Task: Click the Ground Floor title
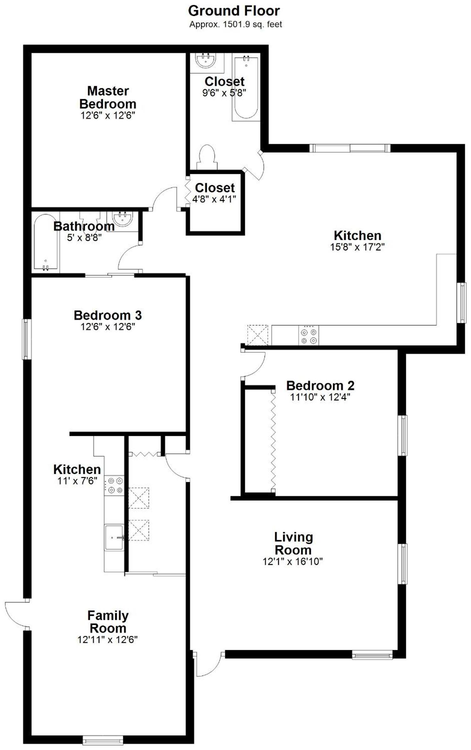[234, 11]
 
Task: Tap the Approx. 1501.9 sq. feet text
[235, 24]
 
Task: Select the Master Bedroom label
[108, 97]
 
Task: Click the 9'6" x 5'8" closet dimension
[224, 93]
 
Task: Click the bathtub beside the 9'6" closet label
[246, 88]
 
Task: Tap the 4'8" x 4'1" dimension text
[215, 199]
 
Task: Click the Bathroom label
[84, 226]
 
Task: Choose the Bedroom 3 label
[108, 315]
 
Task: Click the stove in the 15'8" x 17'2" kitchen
[309, 336]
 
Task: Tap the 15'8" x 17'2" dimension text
[357, 247]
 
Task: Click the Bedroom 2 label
[320, 386]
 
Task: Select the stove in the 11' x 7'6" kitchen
[114, 485]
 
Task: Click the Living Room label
[293, 543]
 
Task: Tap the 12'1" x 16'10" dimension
[293, 562]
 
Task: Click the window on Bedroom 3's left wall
[27, 339]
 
